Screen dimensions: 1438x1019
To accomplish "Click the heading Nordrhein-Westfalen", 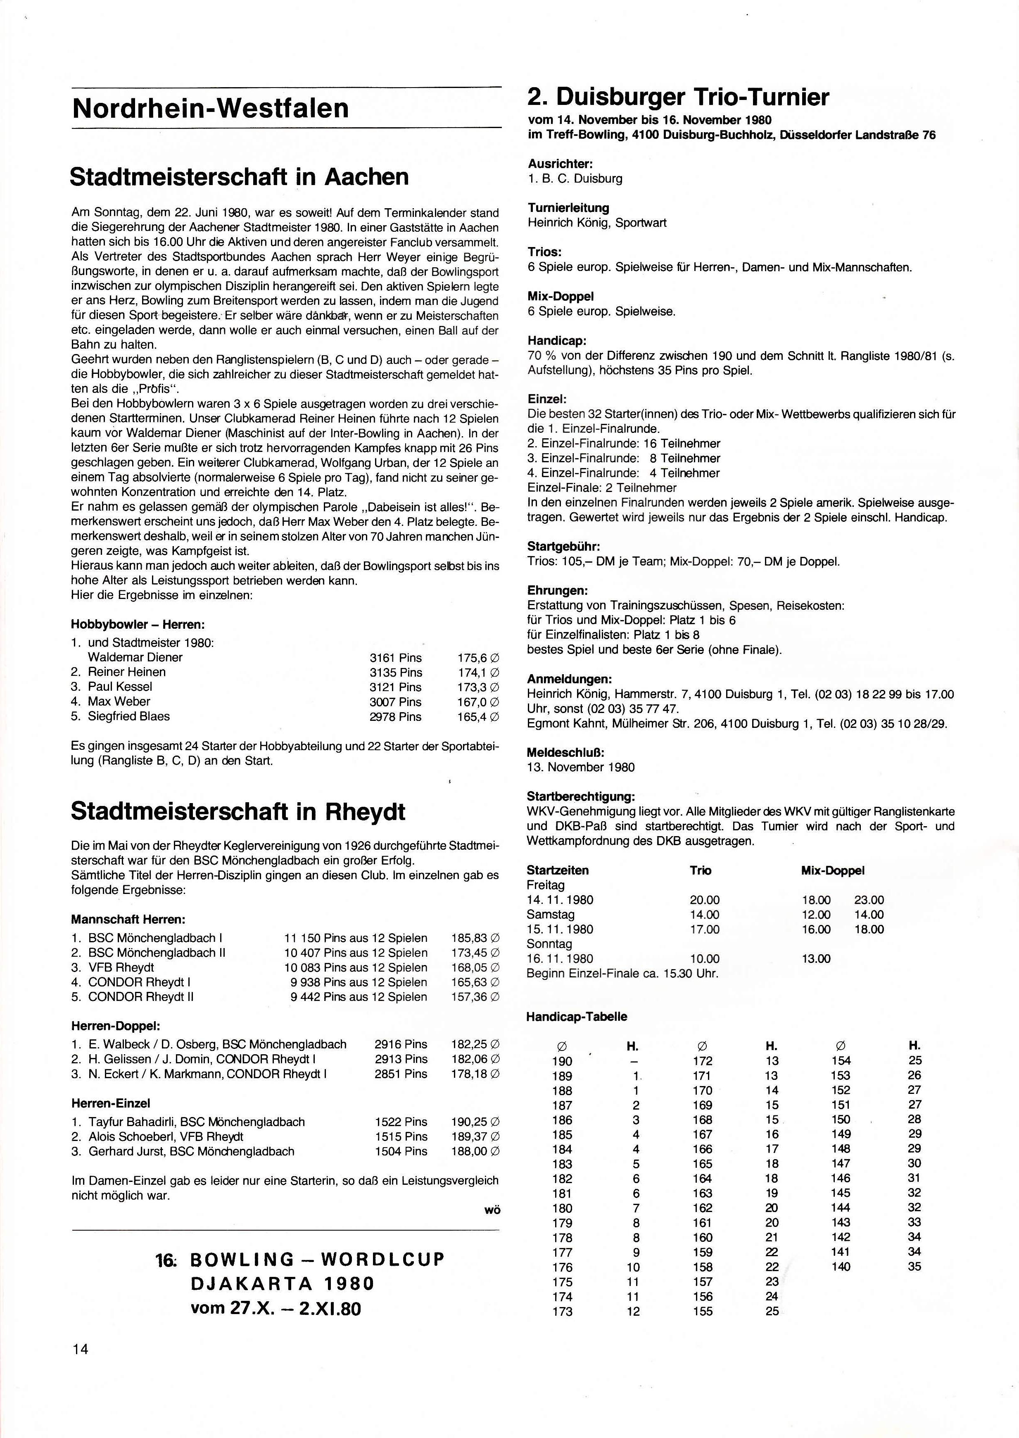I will pyautogui.click(x=210, y=108).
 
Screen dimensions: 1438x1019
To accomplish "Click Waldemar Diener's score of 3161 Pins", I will pyautogui.click(x=395, y=658).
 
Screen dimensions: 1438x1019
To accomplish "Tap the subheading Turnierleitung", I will pyautogui.click(x=568, y=208).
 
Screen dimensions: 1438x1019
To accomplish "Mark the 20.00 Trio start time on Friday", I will pyautogui.click(x=704, y=900).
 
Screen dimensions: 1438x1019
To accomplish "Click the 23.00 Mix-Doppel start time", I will pyautogui.click(x=868, y=900).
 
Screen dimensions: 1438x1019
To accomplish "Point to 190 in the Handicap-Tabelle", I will pyautogui.click(x=562, y=1061).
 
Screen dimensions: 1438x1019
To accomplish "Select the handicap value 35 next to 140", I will pyautogui.click(x=914, y=1266).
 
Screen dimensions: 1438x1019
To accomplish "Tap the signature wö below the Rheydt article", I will pyautogui.click(x=492, y=1210).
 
